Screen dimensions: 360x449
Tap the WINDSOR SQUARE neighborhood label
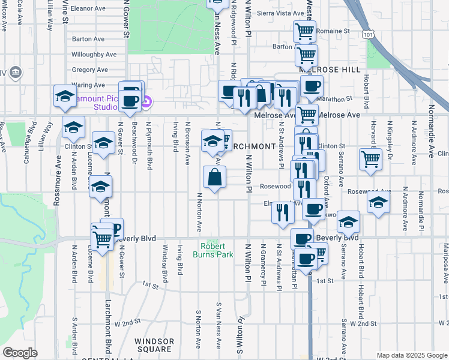pyautogui.click(x=154, y=345)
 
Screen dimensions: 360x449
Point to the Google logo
pyautogui.click(x=20, y=353)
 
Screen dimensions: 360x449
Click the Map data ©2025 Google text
pyautogui.click(x=412, y=355)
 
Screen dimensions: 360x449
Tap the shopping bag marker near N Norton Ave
pyautogui.click(x=214, y=178)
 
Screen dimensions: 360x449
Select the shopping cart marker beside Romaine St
pyautogui.click(x=304, y=30)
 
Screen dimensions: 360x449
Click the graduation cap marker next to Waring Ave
pyautogui.click(x=65, y=96)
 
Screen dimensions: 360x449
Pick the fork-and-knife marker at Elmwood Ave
pyautogui.click(x=282, y=212)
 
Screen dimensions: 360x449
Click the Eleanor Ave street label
pyautogui.click(x=88, y=10)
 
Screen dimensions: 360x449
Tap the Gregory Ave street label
pyautogui.click(x=89, y=70)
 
